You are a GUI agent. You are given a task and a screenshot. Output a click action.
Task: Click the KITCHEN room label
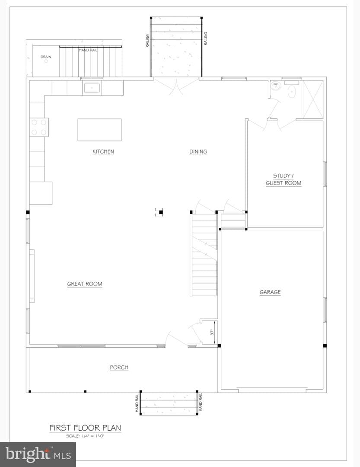[x=103, y=152]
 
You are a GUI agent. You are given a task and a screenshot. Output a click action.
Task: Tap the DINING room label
[x=198, y=152]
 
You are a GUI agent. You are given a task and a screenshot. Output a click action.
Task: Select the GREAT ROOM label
[x=85, y=284]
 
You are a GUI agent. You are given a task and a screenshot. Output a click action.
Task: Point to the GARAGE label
[x=270, y=292]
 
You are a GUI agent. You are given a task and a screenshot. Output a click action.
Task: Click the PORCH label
[x=119, y=368]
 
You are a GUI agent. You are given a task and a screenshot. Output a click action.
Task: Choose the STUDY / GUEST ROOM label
[x=284, y=179]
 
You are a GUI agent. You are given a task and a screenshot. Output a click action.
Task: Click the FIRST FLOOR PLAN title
[x=85, y=428]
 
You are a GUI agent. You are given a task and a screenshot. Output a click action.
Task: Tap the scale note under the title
[x=85, y=436]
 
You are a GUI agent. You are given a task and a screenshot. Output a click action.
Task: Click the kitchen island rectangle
[x=99, y=130]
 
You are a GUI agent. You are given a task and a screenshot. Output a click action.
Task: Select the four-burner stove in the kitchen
[x=39, y=127]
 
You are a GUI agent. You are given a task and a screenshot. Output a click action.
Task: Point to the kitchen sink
[x=92, y=88]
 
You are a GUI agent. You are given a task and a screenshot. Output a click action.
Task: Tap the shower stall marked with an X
[x=313, y=99]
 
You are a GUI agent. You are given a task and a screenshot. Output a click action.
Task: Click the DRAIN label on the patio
[x=46, y=57]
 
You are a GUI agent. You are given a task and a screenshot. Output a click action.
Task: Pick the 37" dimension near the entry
[x=212, y=333]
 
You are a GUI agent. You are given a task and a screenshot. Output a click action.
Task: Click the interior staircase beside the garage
[x=204, y=255]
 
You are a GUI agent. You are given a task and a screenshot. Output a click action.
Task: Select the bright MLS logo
[x=38, y=454]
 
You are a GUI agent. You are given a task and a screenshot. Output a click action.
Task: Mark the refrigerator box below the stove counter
[x=41, y=193]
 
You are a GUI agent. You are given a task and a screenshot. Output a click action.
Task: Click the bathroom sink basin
[x=276, y=86]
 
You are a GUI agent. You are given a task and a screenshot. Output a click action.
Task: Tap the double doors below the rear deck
[x=176, y=86]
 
